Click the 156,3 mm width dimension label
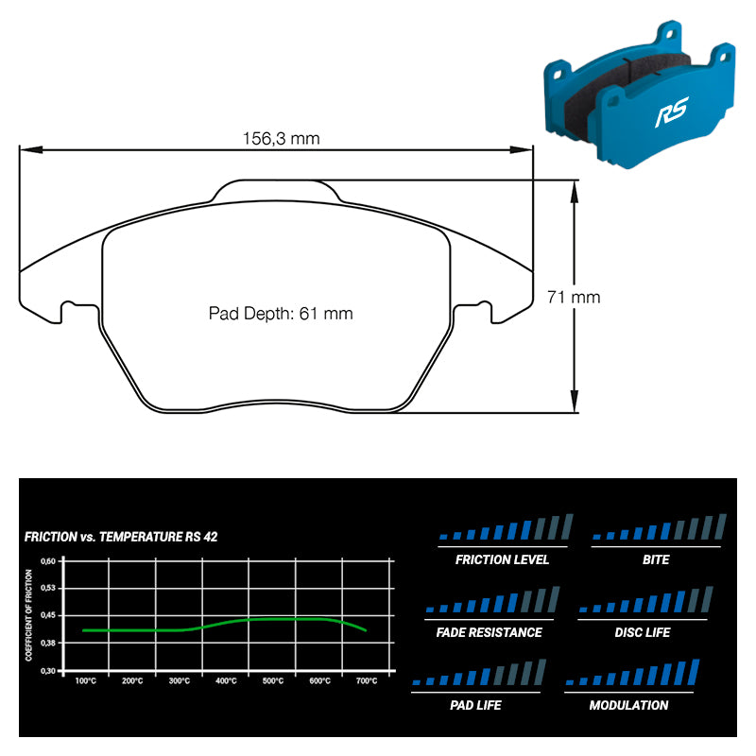click(281, 138)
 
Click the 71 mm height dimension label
click(574, 297)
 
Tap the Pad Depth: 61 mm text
click(281, 314)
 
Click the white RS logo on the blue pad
click(672, 115)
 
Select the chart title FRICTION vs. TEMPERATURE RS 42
click(121, 537)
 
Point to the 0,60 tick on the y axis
click(48, 560)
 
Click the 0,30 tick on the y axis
click(48, 670)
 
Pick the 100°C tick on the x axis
click(85, 680)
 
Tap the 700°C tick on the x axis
click(367, 680)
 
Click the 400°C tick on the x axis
click(226, 680)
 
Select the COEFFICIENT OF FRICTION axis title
click(32, 615)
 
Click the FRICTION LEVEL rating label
click(502, 559)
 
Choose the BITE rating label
click(655, 559)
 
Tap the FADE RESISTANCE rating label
click(490, 632)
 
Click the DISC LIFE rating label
click(643, 632)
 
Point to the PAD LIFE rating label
click(475, 705)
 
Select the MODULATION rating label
click(628, 705)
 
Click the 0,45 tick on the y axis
click(48, 615)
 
